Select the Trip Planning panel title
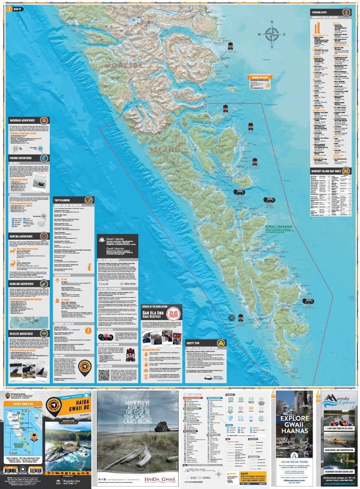(x=64, y=200)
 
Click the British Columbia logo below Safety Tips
(x=212, y=377)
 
